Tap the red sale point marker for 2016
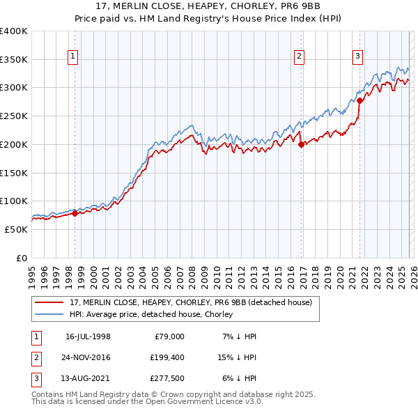pos(301,145)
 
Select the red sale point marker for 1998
pos(75,213)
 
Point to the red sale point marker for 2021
pos(359,100)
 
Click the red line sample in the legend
pos(50,302)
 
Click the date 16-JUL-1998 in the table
pos(88,336)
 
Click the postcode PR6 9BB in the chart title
pos(276,7)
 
